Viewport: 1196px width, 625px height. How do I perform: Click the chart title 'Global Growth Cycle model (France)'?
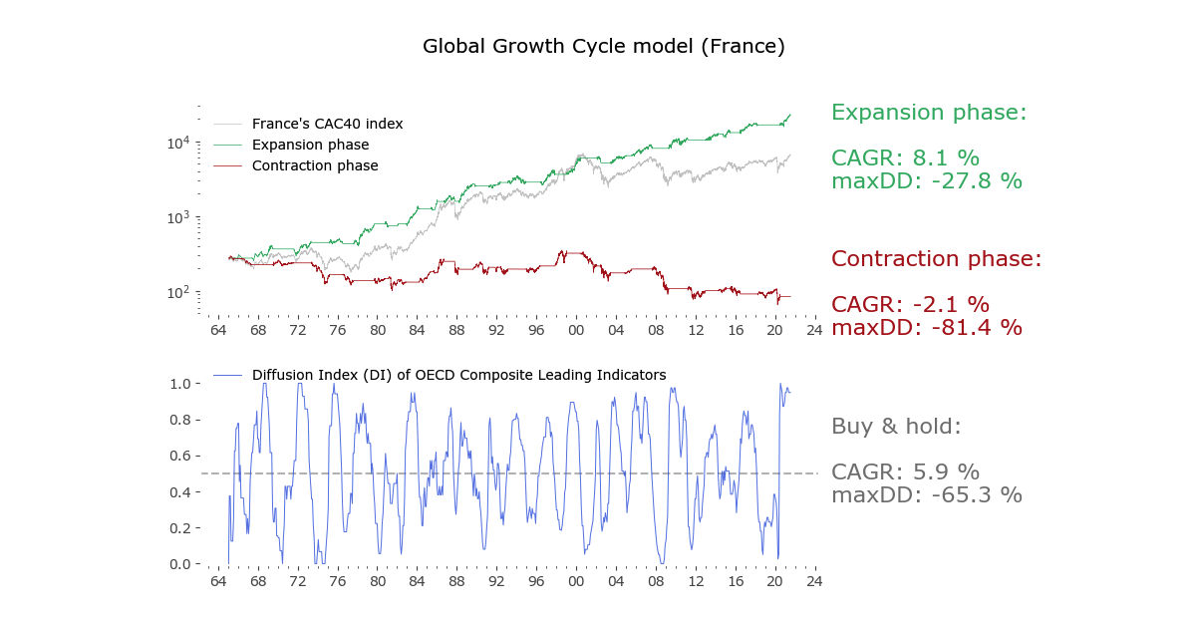[x=603, y=47]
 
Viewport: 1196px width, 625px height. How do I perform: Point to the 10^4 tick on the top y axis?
[x=178, y=144]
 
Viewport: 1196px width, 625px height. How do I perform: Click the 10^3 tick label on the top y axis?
[x=178, y=218]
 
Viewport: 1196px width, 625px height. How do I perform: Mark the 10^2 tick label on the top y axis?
[x=178, y=293]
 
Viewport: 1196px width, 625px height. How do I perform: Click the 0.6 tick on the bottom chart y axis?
[x=180, y=456]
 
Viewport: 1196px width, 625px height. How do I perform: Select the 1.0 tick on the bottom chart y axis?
[x=180, y=384]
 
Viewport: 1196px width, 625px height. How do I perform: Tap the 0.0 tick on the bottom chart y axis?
[x=180, y=564]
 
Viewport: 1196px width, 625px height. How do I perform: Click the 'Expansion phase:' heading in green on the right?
[x=928, y=113]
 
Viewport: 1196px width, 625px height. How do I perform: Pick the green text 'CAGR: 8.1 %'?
[x=905, y=157]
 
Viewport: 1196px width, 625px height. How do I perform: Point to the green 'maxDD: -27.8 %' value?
[x=926, y=180]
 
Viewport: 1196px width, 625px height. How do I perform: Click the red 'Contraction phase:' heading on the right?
[x=936, y=259]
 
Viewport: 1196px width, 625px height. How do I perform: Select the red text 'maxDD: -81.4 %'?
[x=926, y=327]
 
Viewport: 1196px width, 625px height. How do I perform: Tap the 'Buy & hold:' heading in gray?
[x=896, y=427]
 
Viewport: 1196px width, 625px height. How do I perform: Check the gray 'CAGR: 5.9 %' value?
[x=905, y=471]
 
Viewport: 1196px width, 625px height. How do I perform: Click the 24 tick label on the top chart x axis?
[x=814, y=330]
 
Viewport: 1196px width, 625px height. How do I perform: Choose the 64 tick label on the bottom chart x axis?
[x=217, y=581]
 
